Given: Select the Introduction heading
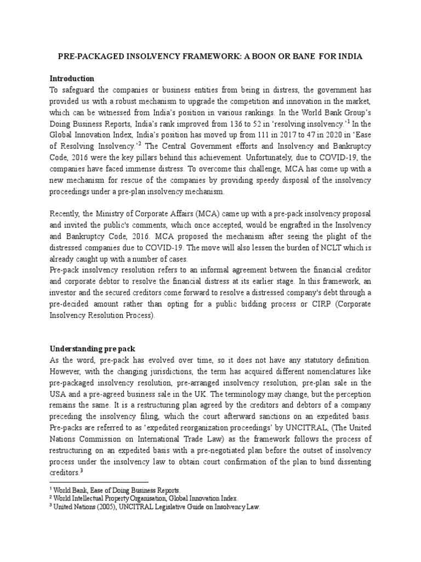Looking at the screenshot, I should click(72, 78).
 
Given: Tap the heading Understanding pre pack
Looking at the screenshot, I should click(93, 349).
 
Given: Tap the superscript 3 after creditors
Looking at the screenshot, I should click(81, 471).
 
